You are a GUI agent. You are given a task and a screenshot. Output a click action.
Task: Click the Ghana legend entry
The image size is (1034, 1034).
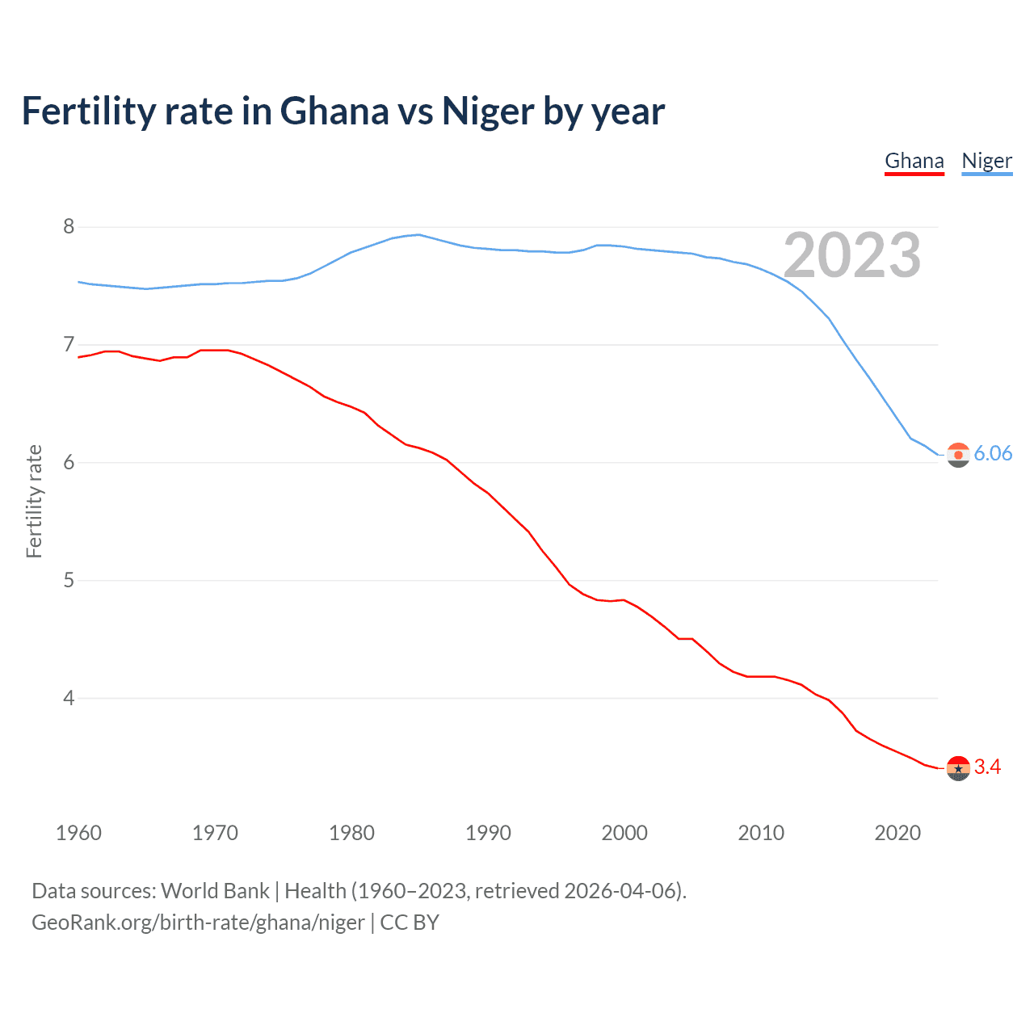[914, 161]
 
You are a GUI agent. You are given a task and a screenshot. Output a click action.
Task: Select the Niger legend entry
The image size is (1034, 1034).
[986, 161]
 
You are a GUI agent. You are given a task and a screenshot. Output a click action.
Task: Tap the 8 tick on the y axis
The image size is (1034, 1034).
[69, 227]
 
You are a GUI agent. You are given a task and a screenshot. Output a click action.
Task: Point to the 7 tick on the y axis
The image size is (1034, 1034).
[69, 345]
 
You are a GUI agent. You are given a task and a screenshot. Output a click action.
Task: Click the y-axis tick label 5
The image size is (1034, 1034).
[69, 581]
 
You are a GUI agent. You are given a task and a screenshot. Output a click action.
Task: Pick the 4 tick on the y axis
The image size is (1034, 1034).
[69, 698]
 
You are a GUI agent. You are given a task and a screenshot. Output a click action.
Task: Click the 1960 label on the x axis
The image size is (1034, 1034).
[78, 833]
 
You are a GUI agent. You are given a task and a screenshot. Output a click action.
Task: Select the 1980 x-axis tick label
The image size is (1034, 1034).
[351, 833]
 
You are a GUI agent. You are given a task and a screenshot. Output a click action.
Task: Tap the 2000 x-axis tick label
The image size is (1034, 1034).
[624, 833]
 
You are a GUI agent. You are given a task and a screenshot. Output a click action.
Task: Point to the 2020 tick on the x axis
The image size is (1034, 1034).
[897, 833]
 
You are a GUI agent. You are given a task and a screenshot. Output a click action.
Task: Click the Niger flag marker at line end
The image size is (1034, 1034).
[958, 455]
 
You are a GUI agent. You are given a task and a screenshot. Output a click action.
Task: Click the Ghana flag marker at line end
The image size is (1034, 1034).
[958, 768]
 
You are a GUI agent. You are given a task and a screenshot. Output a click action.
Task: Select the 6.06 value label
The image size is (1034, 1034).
[993, 454]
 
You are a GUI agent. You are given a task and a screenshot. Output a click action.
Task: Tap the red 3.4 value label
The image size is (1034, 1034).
[987, 767]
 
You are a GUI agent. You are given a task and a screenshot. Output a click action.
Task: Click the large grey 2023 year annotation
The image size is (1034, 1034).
[852, 255]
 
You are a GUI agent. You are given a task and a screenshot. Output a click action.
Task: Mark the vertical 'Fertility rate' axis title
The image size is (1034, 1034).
[34, 501]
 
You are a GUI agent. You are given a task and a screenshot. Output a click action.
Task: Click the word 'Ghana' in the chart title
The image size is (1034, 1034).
[334, 111]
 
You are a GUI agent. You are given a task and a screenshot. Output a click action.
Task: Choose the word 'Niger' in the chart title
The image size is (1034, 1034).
[487, 111]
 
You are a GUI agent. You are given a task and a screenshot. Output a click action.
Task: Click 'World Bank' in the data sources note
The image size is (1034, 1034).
[215, 891]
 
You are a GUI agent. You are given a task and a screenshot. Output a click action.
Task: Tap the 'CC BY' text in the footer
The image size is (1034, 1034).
[410, 923]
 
